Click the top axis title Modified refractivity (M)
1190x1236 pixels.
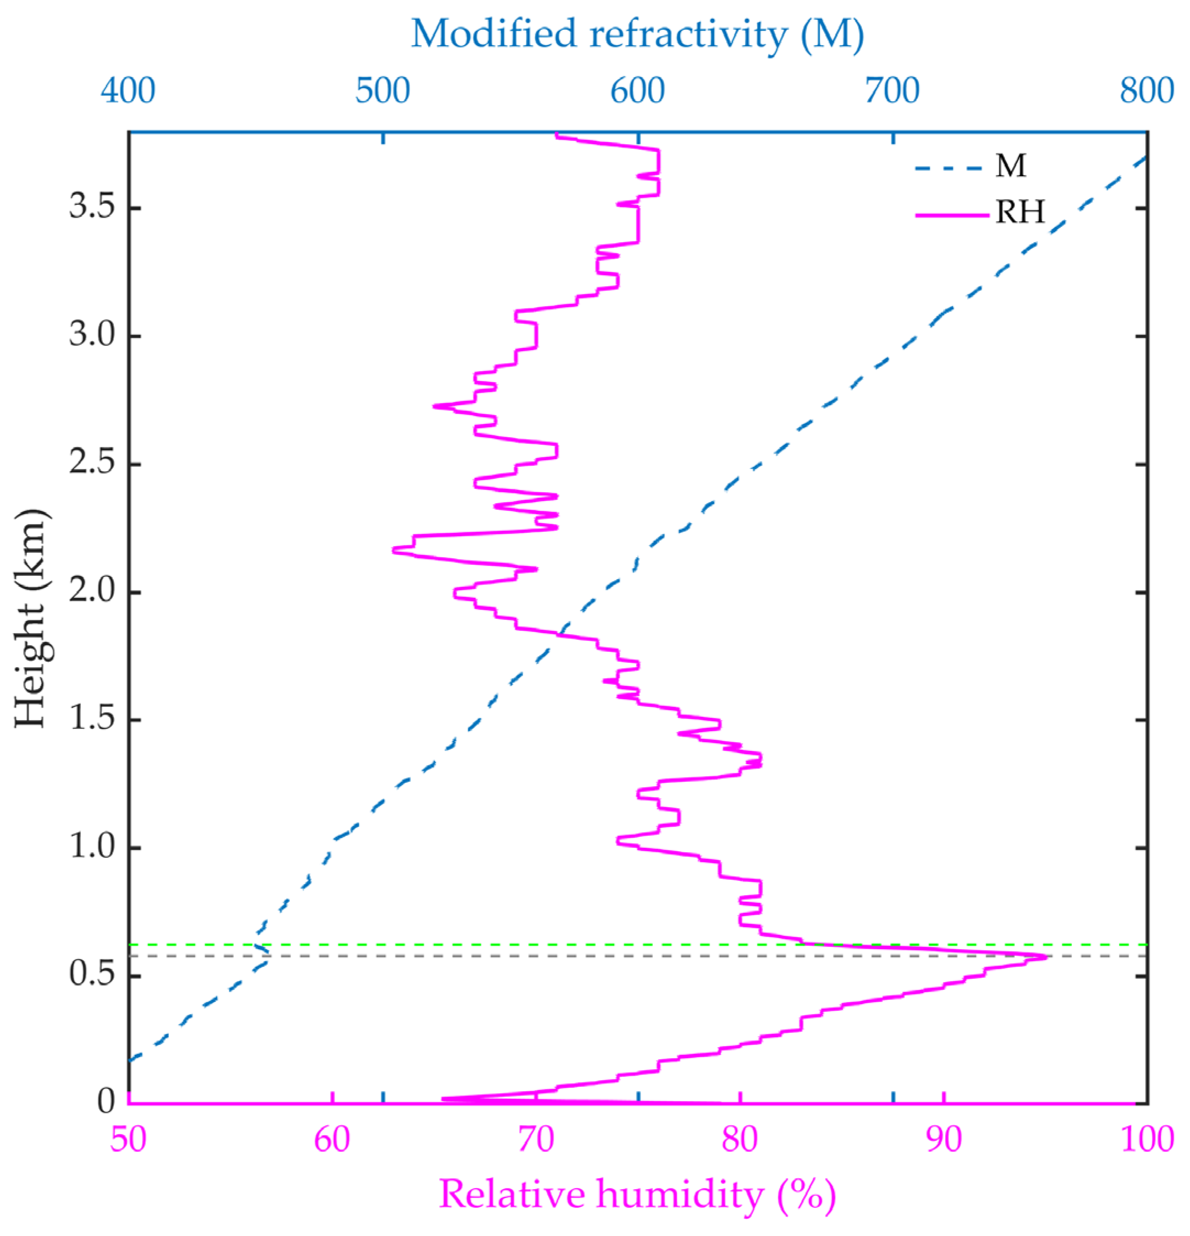(637, 34)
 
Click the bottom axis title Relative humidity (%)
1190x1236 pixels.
(637, 1194)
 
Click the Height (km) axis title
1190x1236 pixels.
(30, 617)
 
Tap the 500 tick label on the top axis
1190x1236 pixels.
(382, 91)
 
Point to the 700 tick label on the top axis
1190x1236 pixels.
(892, 91)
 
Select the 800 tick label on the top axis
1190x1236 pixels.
(1147, 91)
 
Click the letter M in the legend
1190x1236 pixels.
(1010, 166)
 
